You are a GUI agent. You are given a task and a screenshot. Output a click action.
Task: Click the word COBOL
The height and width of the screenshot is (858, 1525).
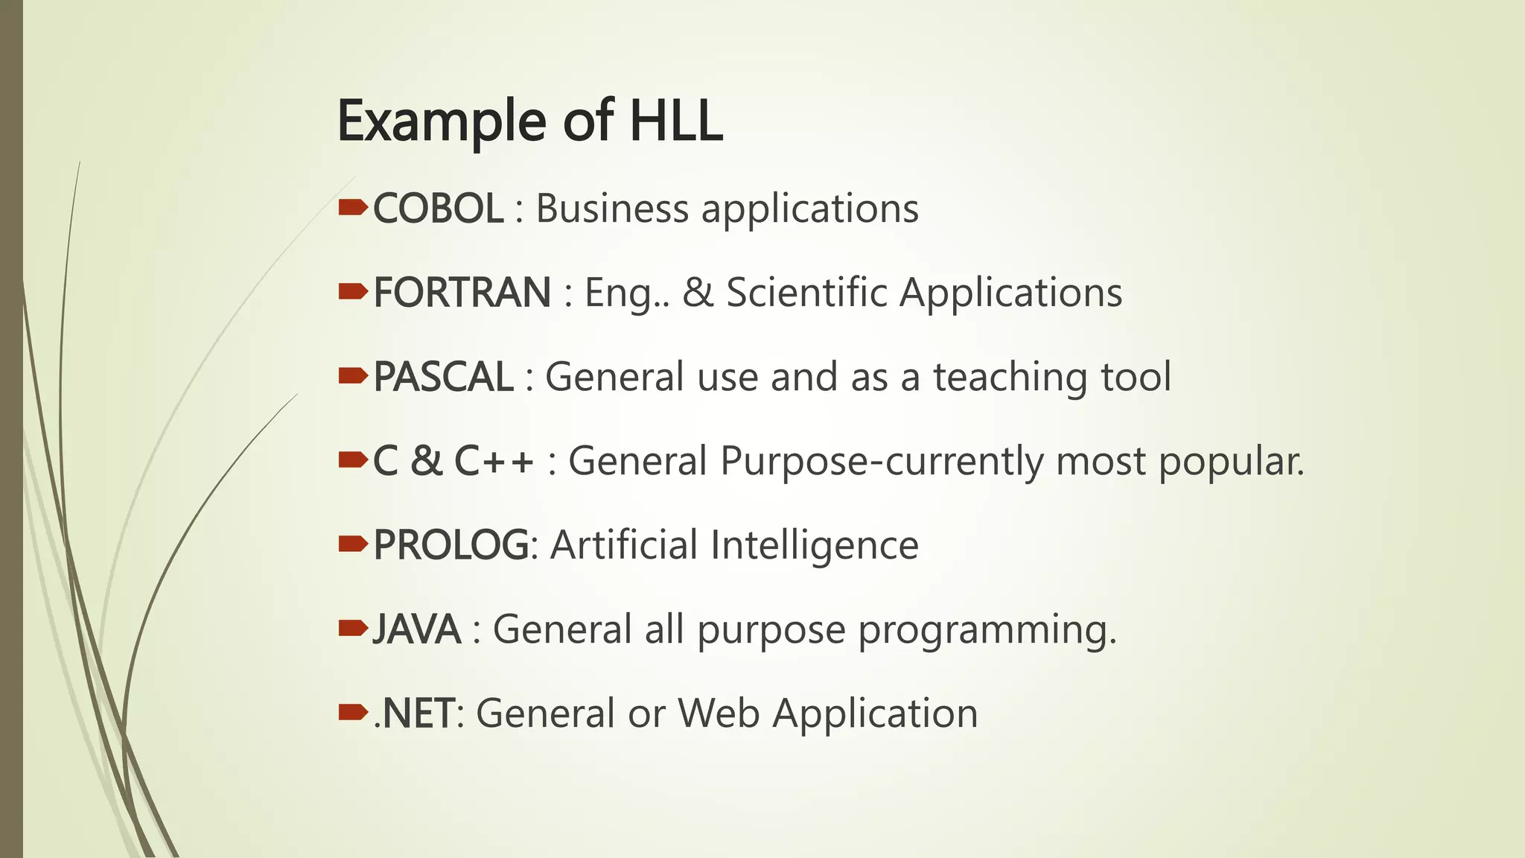pos(438,209)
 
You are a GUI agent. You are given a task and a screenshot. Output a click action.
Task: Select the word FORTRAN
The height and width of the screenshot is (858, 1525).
pos(462,293)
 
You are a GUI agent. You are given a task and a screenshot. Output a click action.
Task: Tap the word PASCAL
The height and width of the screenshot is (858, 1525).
pos(443,377)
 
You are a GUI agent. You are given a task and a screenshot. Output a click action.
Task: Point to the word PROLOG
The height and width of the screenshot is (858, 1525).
pos(451,545)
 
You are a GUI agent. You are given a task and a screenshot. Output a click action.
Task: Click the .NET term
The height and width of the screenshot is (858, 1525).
pos(413,714)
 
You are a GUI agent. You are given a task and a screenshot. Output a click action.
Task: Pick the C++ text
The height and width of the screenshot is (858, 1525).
pos(494,461)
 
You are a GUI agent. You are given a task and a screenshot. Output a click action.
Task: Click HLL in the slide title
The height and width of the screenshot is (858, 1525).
pos(676,121)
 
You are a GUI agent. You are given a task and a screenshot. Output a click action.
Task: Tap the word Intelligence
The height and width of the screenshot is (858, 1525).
pos(815,546)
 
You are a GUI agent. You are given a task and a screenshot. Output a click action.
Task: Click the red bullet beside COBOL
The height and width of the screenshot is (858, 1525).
pos(352,207)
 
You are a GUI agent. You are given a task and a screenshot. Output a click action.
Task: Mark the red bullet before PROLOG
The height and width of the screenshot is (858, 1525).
pos(352,544)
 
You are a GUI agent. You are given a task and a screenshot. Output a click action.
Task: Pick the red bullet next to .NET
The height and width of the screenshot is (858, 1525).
pos(352,713)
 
